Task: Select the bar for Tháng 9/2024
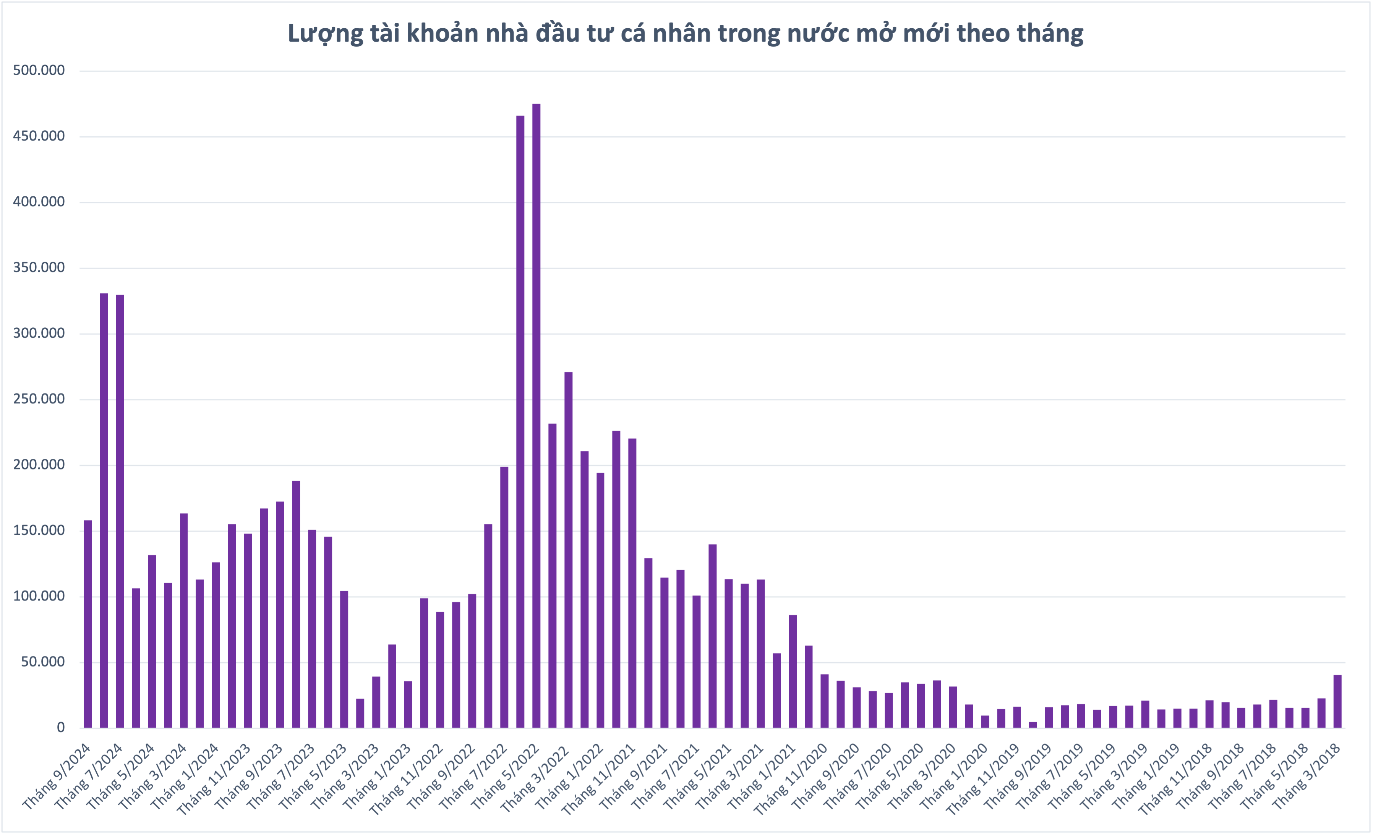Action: (88, 624)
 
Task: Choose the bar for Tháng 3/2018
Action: (1337, 701)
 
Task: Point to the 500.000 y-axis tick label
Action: (39, 71)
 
